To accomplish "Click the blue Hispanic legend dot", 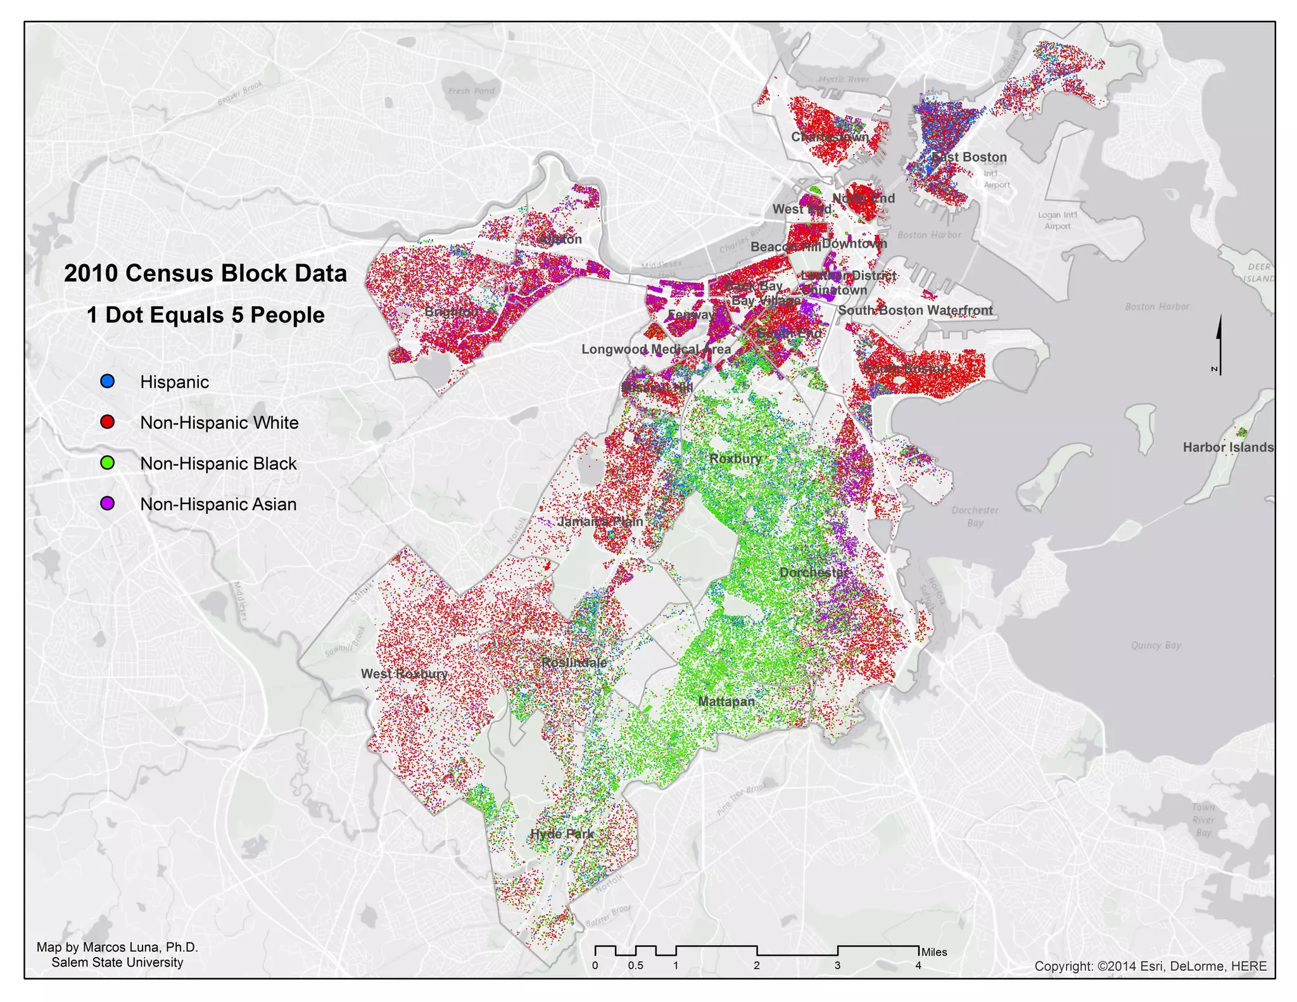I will pyautogui.click(x=108, y=381).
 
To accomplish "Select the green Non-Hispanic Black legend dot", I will pyautogui.click(x=108, y=463).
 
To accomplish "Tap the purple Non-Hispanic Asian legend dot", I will pyautogui.click(x=108, y=504).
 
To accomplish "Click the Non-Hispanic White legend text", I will pyautogui.click(x=219, y=422).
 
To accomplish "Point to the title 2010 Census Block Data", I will pyautogui.click(x=205, y=273).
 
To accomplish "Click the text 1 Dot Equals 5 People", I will pyautogui.click(x=205, y=315).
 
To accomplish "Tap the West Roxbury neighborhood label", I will pyautogui.click(x=404, y=673).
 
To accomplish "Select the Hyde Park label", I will pyautogui.click(x=562, y=834).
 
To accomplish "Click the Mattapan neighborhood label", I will pyautogui.click(x=726, y=701).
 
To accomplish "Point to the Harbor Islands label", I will pyautogui.click(x=1228, y=447).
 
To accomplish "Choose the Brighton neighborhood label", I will pyautogui.click(x=452, y=312).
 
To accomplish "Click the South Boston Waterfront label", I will pyautogui.click(x=915, y=310).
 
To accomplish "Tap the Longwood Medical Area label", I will pyautogui.click(x=656, y=349).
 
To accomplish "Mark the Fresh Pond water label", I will pyautogui.click(x=471, y=91).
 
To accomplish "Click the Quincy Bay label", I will pyautogui.click(x=1156, y=645).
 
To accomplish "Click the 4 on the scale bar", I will pyautogui.click(x=918, y=965).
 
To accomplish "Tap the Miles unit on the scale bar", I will pyautogui.click(x=934, y=952).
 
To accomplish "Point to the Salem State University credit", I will pyautogui.click(x=117, y=962).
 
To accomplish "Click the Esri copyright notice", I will pyautogui.click(x=1150, y=966).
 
